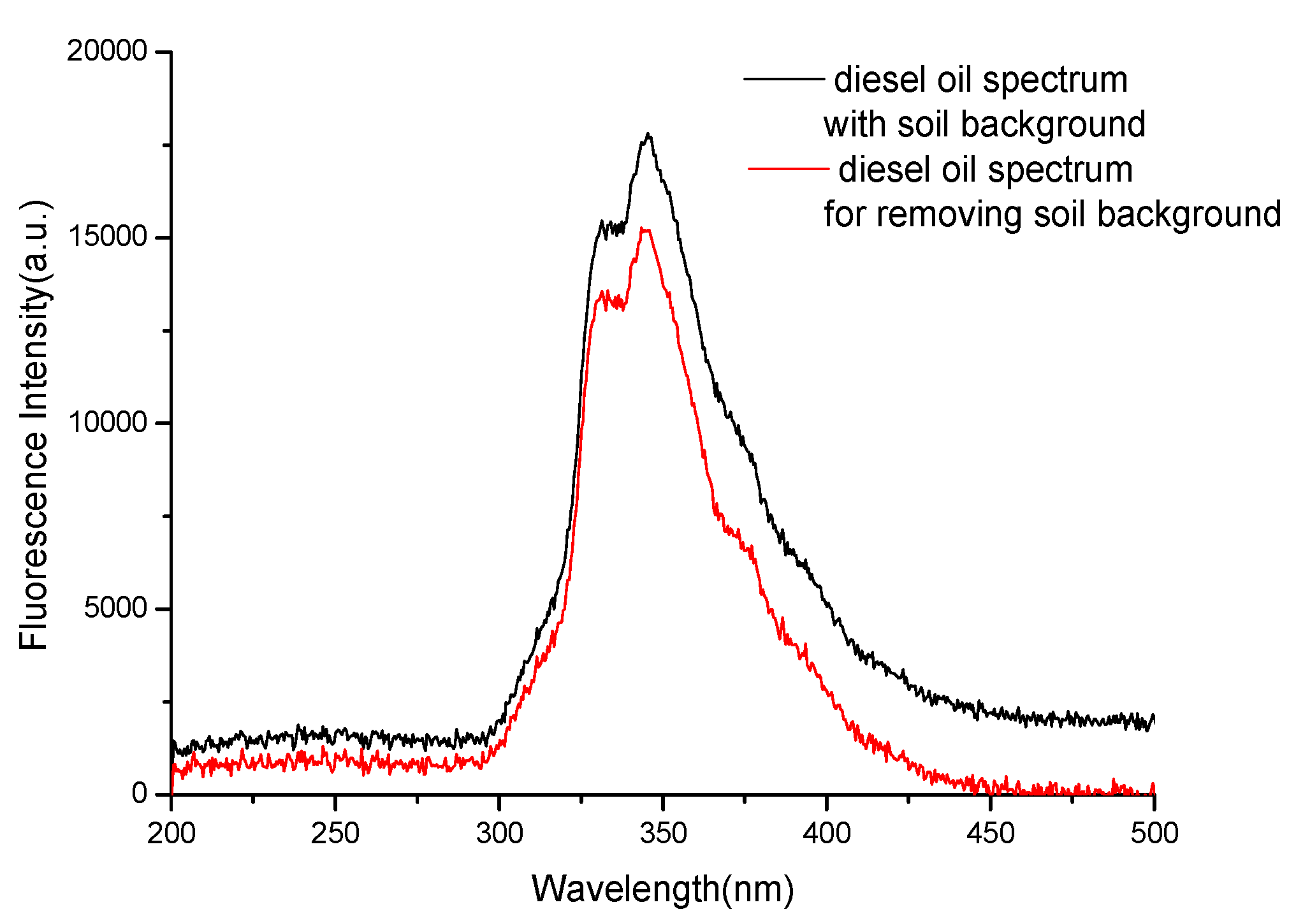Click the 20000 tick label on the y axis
click(x=107, y=51)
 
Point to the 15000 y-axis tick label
click(x=107, y=236)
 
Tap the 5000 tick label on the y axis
click(x=115, y=608)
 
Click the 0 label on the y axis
click(x=140, y=794)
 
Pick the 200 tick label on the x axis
click(x=171, y=833)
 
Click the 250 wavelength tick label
click(x=335, y=833)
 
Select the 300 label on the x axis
click(x=499, y=833)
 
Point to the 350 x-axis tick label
click(x=663, y=833)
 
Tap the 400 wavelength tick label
click(x=827, y=833)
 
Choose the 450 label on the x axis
click(x=991, y=833)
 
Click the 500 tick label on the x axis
click(x=1154, y=833)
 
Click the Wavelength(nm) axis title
click(x=663, y=888)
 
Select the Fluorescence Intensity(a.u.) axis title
click(x=35, y=424)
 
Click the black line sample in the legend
click(x=784, y=78)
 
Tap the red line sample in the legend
click(x=788, y=169)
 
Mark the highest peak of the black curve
click(x=648, y=134)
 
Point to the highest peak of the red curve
click(x=644, y=228)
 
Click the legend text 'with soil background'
click(x=984, y=124)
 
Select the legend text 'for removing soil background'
click(x=1052, y=214)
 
